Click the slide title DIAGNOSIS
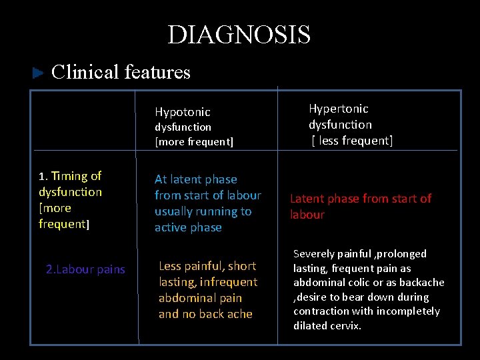click(239, 35)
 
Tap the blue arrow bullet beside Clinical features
click(38, 73)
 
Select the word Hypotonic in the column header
click(182, 112)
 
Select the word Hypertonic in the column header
click(338, 108)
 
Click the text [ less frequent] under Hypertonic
click(352, 140)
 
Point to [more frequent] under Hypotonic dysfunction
click(194, 141)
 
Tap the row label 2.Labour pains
click(85, 269)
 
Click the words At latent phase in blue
click(195, 179)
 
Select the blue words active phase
click(188, 227)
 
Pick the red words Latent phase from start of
click(360, 198)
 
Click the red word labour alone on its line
click(307, 215)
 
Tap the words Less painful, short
click(207, 266)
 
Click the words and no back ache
click(205, 314)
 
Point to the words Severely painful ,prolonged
click(359, 254)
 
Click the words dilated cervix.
click(327, 326)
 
